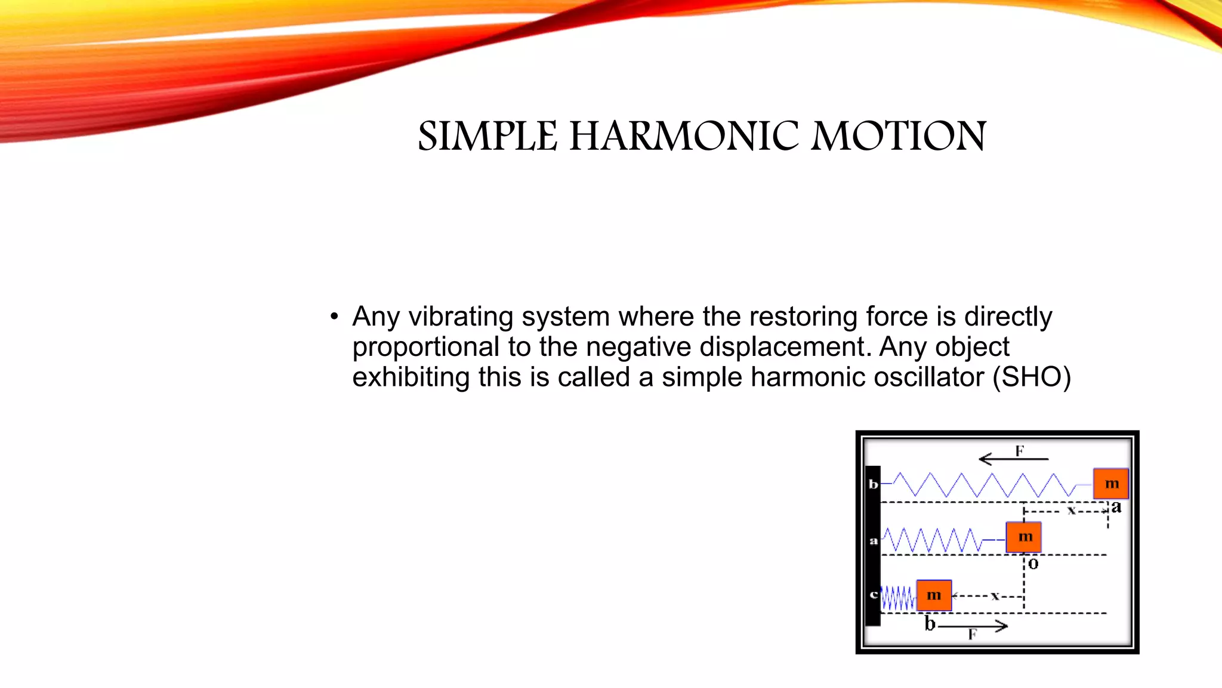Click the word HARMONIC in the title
point(684,136)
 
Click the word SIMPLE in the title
point(487,136)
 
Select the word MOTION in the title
point(899,136)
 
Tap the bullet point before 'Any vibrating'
point(334,317)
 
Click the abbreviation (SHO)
point(1032,377)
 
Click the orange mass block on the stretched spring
point(1110,484)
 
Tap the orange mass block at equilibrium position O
point(1023,537)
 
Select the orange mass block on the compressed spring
point(934,595)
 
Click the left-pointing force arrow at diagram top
point(1013,459)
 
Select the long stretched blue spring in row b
point(985,485)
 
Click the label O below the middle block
point(1033,564)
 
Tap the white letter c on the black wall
point(874,595)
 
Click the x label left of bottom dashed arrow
point(995,595)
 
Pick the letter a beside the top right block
point(1116,507)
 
